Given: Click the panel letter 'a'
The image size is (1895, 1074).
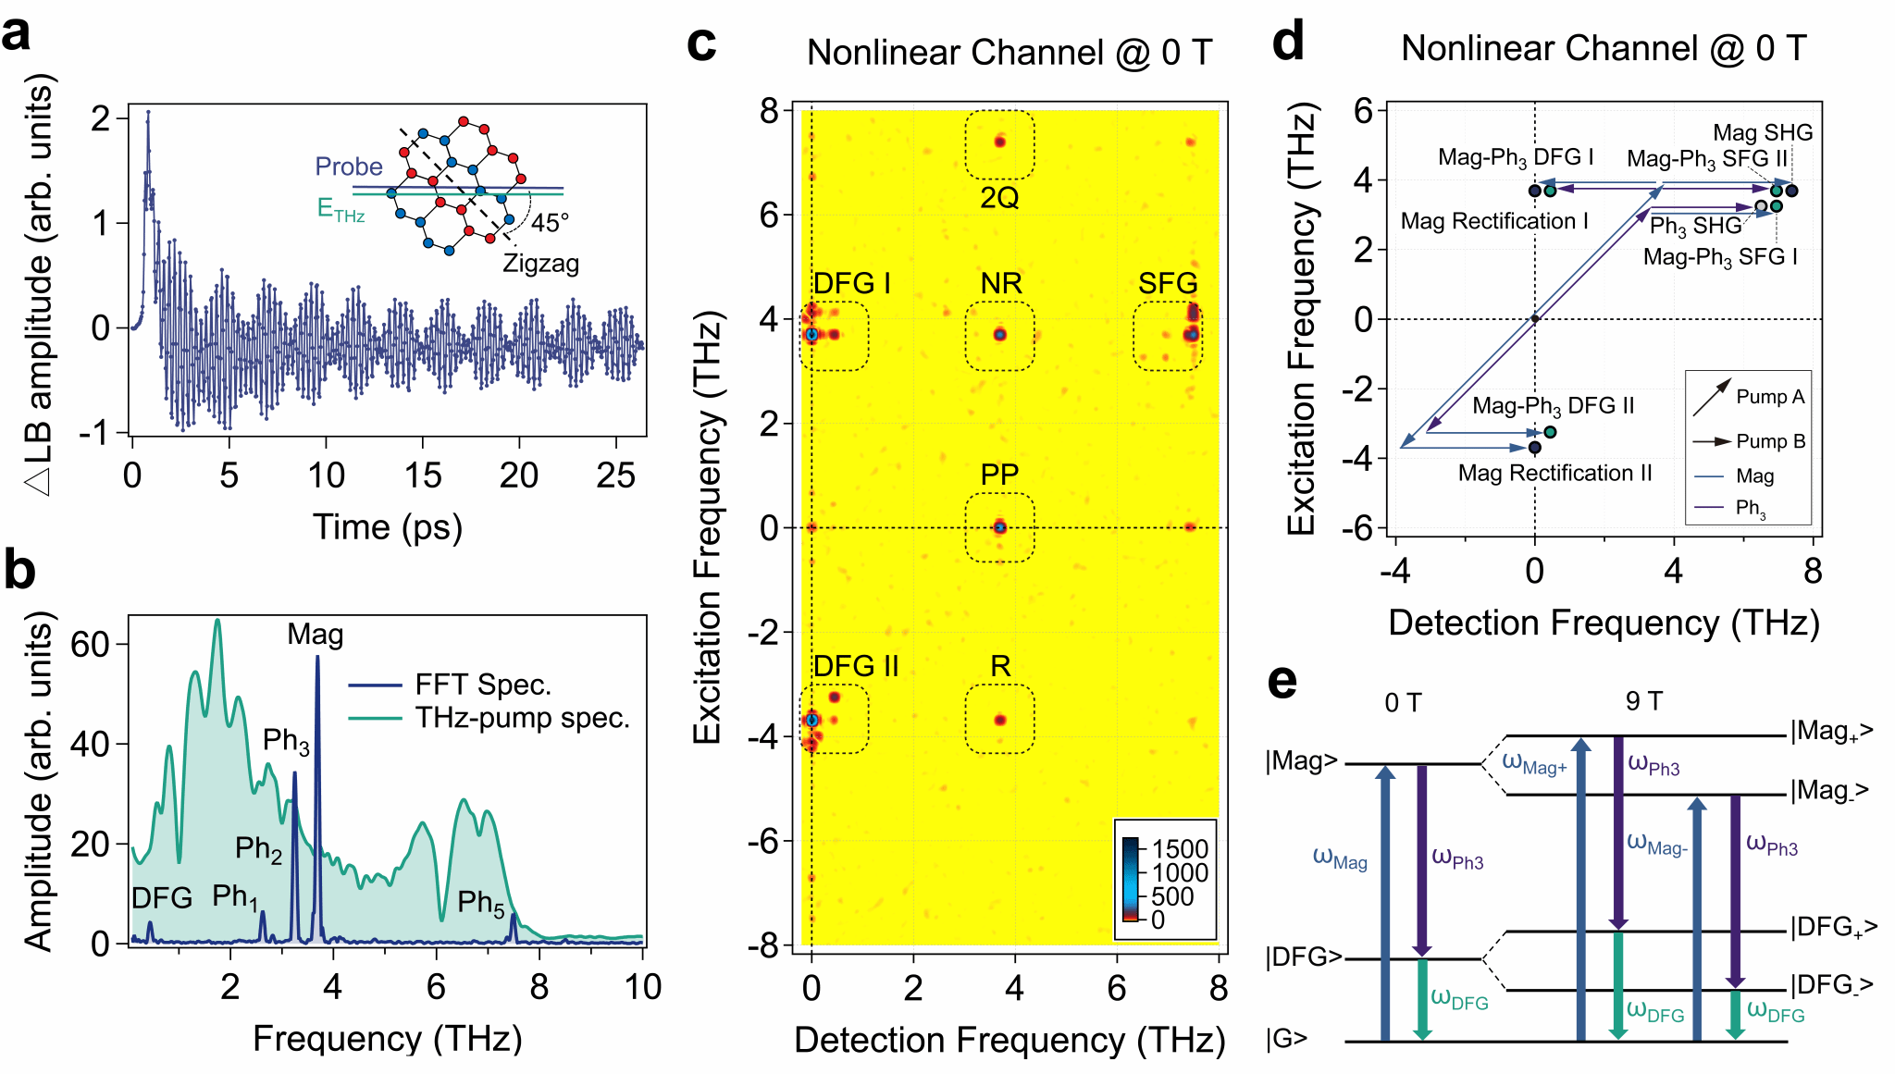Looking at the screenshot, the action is tap(17, 34).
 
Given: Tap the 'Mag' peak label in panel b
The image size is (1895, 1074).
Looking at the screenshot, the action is tap(316, 635).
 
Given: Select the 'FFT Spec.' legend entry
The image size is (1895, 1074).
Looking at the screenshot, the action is tap(450, 685).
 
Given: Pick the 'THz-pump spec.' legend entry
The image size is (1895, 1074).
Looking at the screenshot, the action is tap(489, 718).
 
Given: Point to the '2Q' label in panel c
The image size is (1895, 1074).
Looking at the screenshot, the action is tap(999, 198).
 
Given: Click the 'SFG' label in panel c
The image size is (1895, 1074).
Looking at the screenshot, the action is tap(1168, 283).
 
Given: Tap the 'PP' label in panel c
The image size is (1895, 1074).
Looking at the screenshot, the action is tap(999, 475).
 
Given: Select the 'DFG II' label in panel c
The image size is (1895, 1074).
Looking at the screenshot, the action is tap(856, 666).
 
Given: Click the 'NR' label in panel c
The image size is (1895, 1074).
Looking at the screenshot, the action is tap(1001, 283).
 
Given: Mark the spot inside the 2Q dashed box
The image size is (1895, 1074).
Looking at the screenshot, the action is tap(999, 142).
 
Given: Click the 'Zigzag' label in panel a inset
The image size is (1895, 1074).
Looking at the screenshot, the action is tap(540, 264).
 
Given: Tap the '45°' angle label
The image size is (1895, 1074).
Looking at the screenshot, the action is tap(550, 223).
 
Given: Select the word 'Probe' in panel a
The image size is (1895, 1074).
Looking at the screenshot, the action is tap(349, 167).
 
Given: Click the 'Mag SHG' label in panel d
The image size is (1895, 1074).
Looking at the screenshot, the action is tap(1763, 133).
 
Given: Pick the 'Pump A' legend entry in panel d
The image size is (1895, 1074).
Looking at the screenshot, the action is tap(1750, 396).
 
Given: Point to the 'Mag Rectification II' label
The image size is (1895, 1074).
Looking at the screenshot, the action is tap(1555, 474).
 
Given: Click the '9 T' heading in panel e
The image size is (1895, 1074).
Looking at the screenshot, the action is tap(1644, 701).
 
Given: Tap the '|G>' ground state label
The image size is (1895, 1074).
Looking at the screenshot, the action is tap(1287, 1039).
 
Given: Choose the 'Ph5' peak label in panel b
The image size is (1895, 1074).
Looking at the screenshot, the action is tap(481, 903).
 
